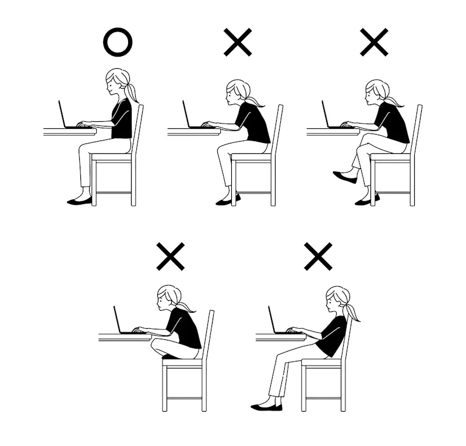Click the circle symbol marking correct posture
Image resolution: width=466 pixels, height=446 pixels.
(x=118, y=43)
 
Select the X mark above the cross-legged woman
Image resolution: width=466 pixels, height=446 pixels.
(x=374, y=43)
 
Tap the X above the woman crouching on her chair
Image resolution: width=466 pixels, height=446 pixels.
(x=171, y=257)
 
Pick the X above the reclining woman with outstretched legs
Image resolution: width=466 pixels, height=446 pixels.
(x=318, y=257)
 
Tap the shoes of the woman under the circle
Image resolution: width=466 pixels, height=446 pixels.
(x=79, y=201)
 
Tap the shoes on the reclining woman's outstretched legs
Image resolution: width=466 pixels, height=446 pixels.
(x=266, y=406)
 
